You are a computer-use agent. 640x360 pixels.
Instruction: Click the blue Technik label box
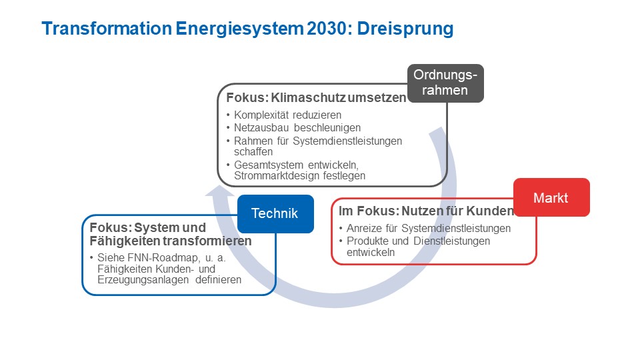[x=275, y=214]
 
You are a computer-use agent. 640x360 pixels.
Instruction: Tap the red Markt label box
[x=551, y=197]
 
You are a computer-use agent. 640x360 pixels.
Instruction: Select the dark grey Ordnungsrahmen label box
[x=445, y=83]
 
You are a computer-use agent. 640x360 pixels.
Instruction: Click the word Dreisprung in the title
[x=405, y=29]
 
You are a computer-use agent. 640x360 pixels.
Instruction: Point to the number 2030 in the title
[x=330, y=29]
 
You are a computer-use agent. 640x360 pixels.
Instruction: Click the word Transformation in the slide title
[x=107, y=29]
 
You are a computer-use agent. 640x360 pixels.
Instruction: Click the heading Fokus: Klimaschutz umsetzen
[x=316, y=97]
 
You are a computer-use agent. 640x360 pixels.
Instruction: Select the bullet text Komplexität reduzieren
[x=287, y=115]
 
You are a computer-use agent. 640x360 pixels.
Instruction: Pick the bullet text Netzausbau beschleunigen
[x=297, y=128]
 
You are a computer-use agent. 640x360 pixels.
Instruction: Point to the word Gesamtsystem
[x=269, y=165]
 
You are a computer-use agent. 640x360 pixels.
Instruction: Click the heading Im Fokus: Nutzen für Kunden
[x=426, y=211]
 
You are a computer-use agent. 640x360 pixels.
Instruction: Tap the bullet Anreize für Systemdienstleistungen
[x=429, y=228]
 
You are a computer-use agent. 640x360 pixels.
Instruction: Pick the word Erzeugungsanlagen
[x=143, y=280]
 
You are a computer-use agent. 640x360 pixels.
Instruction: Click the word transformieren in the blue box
[x=211, y=241]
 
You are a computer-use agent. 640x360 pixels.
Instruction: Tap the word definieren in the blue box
[x=219, y=280]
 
